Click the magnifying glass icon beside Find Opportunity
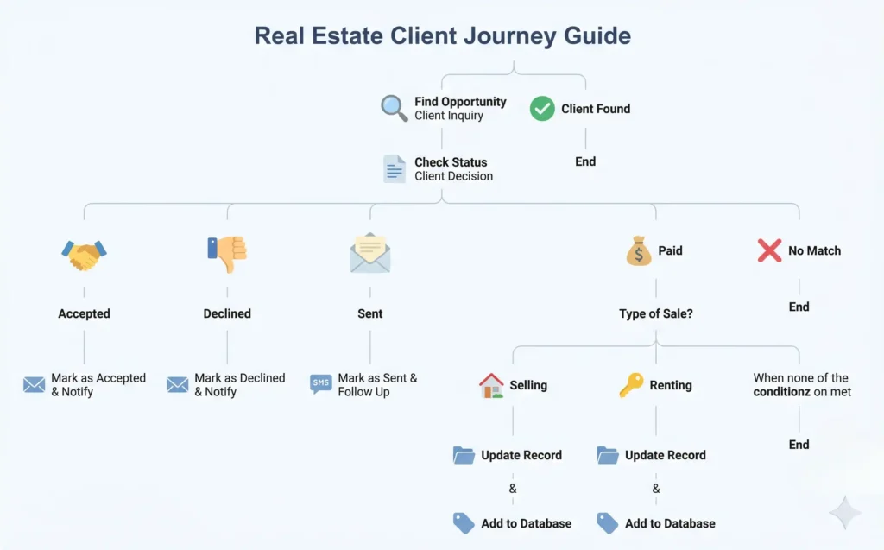pyautogui.click(x=394, y=108)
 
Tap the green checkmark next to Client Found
pyautogui.click(x=542, y=109)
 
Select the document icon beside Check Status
pyautogui.click(x=395, y=168)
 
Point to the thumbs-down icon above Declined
pyautogui.click(x=227, y=253)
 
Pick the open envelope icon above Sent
pyautogui.click(x=370, y=253)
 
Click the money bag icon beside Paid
pyautogui.click(x=639, y=251)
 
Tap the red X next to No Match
pyautogui.click(x=769, y=251)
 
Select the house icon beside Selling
pyautogui.click(x=491, y=385)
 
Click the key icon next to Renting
pyautogui.click(x=631, y=385)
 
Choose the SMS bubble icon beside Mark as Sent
pyautogui.click(x=321, y=384)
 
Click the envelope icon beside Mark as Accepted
pyautogui.click(x=35, y=384)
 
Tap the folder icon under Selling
pyautogui.click(x=464, y=455)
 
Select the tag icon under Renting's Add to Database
pyautogui.click(x=608, y=523)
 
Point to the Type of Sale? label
pyautogui.click(x=655, y=314)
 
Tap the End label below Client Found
pyautogui.click(x=585, y=161)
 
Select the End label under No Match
pyautogui.click(x=799, y=307)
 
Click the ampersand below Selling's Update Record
pyautogui.click(x=513, y=489)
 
